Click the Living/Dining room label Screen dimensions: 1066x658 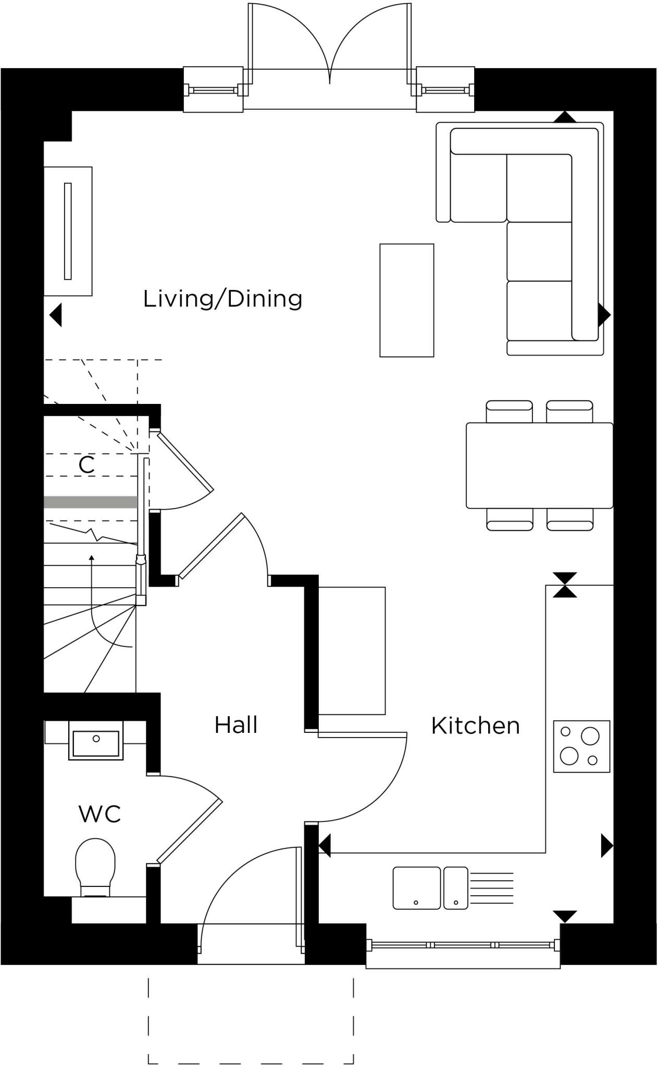(222, 299)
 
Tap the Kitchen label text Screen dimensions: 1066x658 (475, 726)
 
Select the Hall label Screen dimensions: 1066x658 (236, 725)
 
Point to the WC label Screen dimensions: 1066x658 (100, 814)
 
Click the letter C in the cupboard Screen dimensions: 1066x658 (86, 465)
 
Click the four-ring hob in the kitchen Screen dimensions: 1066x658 (581, 746)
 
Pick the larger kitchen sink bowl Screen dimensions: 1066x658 (416, 888)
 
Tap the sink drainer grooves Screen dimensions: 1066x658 (491, 888)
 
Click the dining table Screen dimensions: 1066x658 (539, 465)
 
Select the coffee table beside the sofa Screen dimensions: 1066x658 (406, 300)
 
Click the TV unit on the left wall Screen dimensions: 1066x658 (68, 231)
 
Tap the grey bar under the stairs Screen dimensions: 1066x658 (90, 502)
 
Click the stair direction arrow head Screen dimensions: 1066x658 (92, 558)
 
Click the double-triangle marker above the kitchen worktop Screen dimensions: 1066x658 (565, 585)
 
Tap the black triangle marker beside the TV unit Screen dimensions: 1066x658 (56, 314)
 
